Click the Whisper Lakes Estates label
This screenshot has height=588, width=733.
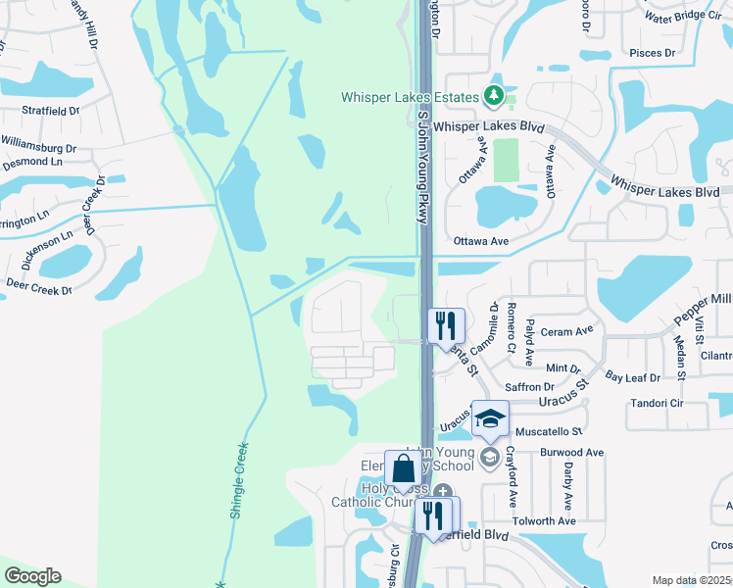409,97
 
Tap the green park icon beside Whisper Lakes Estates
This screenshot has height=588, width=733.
495,97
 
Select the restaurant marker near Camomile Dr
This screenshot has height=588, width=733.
445,325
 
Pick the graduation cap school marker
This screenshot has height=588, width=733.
490,419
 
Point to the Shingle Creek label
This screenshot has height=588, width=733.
237,477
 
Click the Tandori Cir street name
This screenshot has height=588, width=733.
682,402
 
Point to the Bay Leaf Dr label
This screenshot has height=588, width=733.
628,376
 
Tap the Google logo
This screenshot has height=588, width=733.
32,576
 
